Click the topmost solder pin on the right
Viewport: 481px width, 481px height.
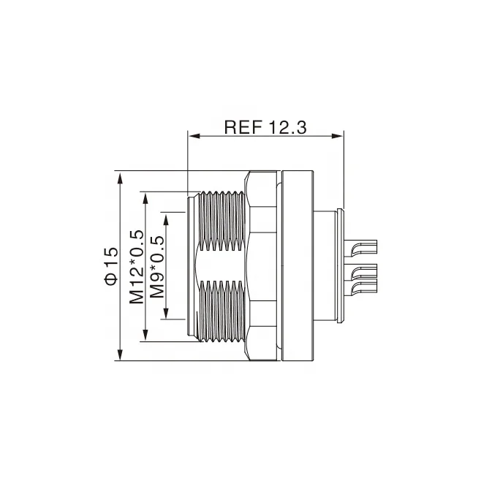point(363,249)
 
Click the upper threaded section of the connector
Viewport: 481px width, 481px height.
point(223,219)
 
